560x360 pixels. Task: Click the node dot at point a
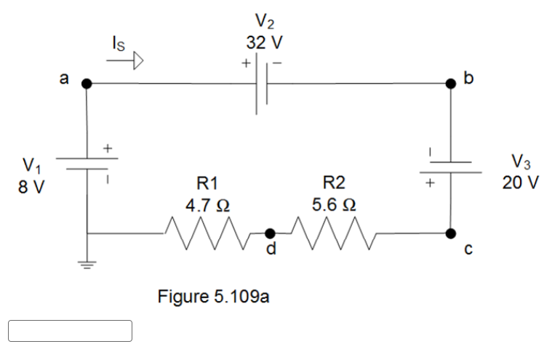[x=87, y=84]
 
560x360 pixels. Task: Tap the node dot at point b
[x=451, y=84]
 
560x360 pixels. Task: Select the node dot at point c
[x=451, y=233]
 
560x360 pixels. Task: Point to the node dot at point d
[x=270, y=233]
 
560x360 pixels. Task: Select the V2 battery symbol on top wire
[x=263, y=84]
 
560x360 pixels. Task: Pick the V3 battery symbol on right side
[x=451, y=168]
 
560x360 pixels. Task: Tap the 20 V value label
[x=521, y=182]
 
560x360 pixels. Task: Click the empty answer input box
[x=71, y=331]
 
